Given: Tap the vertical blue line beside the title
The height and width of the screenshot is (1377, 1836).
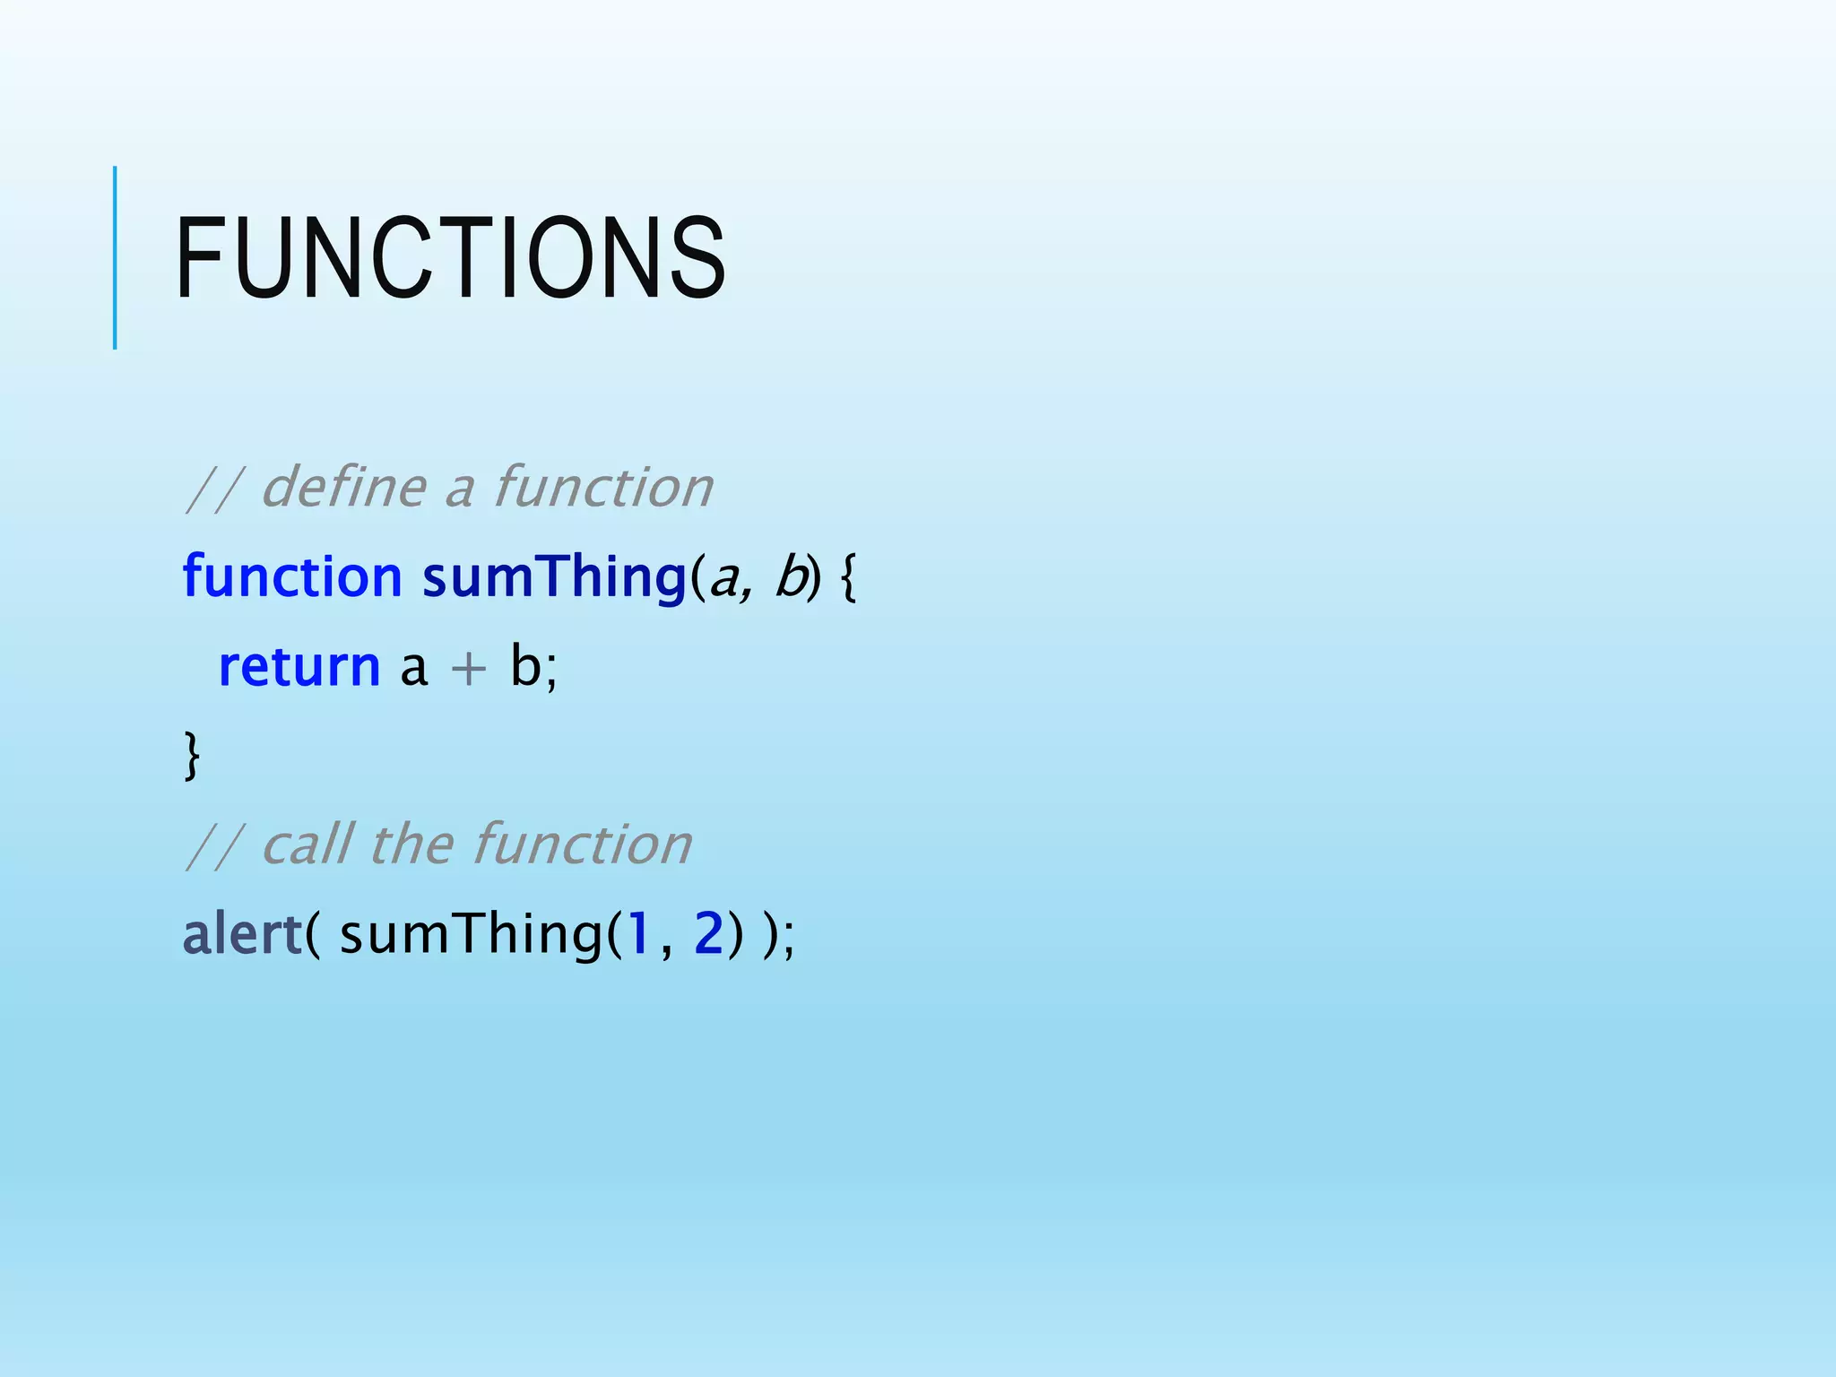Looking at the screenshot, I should (115, 258).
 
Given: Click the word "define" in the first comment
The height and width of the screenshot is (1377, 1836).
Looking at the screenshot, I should (343, 488).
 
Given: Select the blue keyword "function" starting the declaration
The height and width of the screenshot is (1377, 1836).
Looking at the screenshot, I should (292, 576).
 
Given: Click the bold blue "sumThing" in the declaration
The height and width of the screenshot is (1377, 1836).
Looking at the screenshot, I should (554, 576).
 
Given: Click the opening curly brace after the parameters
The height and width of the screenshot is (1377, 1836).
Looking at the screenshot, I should (849, 578).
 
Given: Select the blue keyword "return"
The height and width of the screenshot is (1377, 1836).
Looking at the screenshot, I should (299, 667).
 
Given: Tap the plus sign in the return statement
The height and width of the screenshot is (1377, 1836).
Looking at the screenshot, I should (468, 669).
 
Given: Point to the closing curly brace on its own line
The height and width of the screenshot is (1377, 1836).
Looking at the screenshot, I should (191, 756).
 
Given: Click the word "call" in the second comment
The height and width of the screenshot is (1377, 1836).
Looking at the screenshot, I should (307, 844).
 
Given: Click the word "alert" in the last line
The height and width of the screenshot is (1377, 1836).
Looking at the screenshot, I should (242, 934).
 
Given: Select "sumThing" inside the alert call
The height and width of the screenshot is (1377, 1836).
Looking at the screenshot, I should (472, 934).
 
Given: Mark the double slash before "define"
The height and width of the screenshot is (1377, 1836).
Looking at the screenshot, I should (213, 489).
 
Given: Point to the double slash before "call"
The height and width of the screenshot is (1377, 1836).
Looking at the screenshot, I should (213, 846).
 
